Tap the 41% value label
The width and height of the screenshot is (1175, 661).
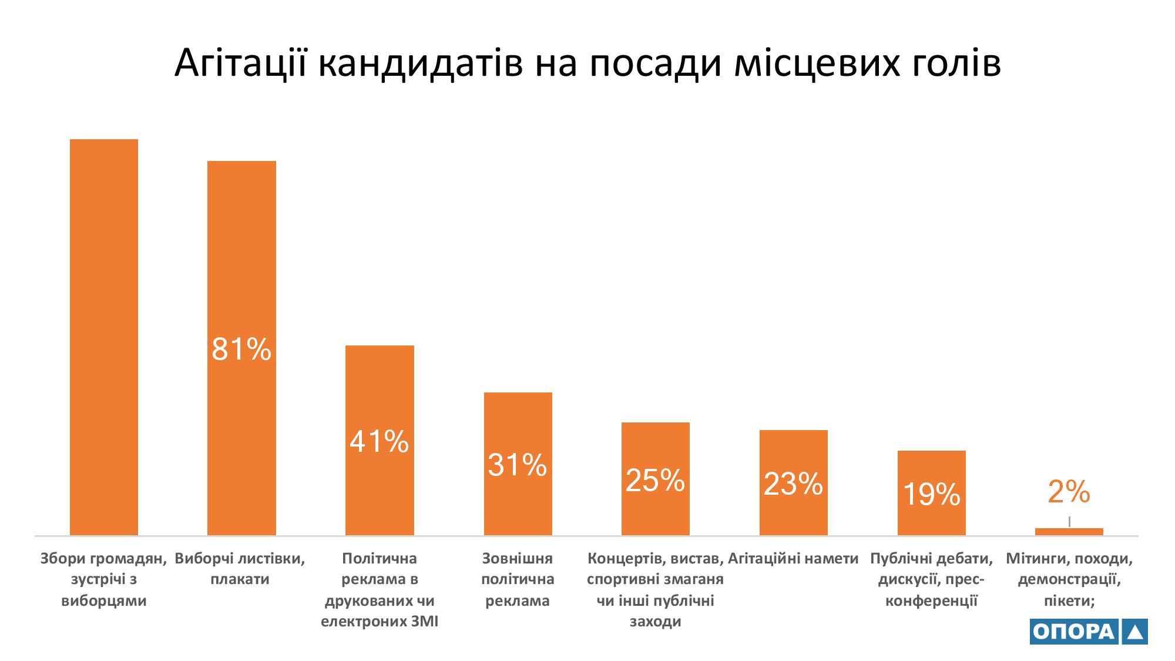379,441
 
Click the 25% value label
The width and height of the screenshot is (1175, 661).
655,481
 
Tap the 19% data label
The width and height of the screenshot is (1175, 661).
931,494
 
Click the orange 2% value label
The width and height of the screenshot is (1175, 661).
1069,491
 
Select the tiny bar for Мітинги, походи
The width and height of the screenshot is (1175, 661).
1069,532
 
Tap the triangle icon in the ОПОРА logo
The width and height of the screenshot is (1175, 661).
1134,632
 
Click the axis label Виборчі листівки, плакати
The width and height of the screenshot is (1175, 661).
240,569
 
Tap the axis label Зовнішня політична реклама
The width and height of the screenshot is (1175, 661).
518,579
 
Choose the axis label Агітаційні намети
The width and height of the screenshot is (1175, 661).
793,558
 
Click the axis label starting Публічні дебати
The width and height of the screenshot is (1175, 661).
931,579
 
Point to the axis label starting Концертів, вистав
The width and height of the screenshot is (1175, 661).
655,589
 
